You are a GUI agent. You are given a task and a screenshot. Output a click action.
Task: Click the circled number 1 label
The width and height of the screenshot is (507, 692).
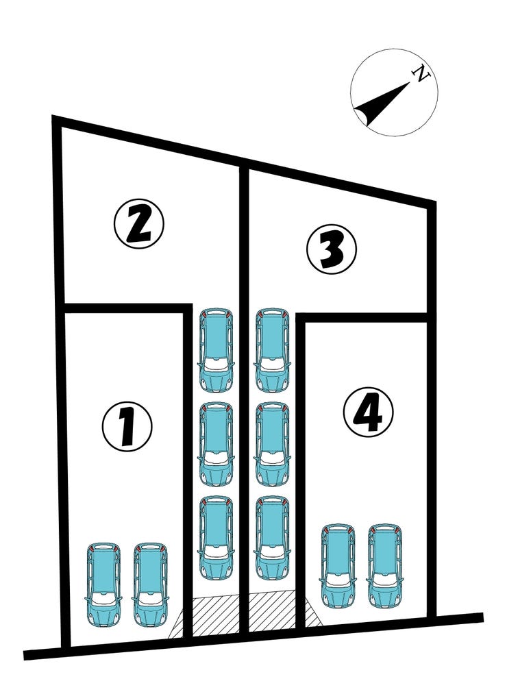coord(127,426)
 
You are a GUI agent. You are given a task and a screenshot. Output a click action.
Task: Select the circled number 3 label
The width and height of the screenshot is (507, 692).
coord(332,250)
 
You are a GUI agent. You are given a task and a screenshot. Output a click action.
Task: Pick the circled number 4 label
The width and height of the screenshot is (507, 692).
coord(368,412)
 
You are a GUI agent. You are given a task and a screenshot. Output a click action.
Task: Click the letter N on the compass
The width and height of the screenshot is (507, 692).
coord(421,75)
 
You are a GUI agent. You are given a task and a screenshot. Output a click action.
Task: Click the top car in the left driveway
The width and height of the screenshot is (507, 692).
coord(217,350)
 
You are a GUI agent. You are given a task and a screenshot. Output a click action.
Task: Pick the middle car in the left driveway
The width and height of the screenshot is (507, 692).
coord(217,444)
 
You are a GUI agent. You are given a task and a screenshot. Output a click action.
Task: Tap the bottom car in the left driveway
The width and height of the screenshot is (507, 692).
coord(217,538)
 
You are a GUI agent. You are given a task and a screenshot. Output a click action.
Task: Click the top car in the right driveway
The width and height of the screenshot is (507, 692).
coord(272,350)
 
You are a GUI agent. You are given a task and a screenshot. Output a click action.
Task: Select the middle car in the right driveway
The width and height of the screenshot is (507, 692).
coord(272,444)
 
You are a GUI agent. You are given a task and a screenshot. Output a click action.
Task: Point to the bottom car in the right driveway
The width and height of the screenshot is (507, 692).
coord(272,538)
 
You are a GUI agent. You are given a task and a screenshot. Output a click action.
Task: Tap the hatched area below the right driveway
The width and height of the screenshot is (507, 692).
coord(272,611)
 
